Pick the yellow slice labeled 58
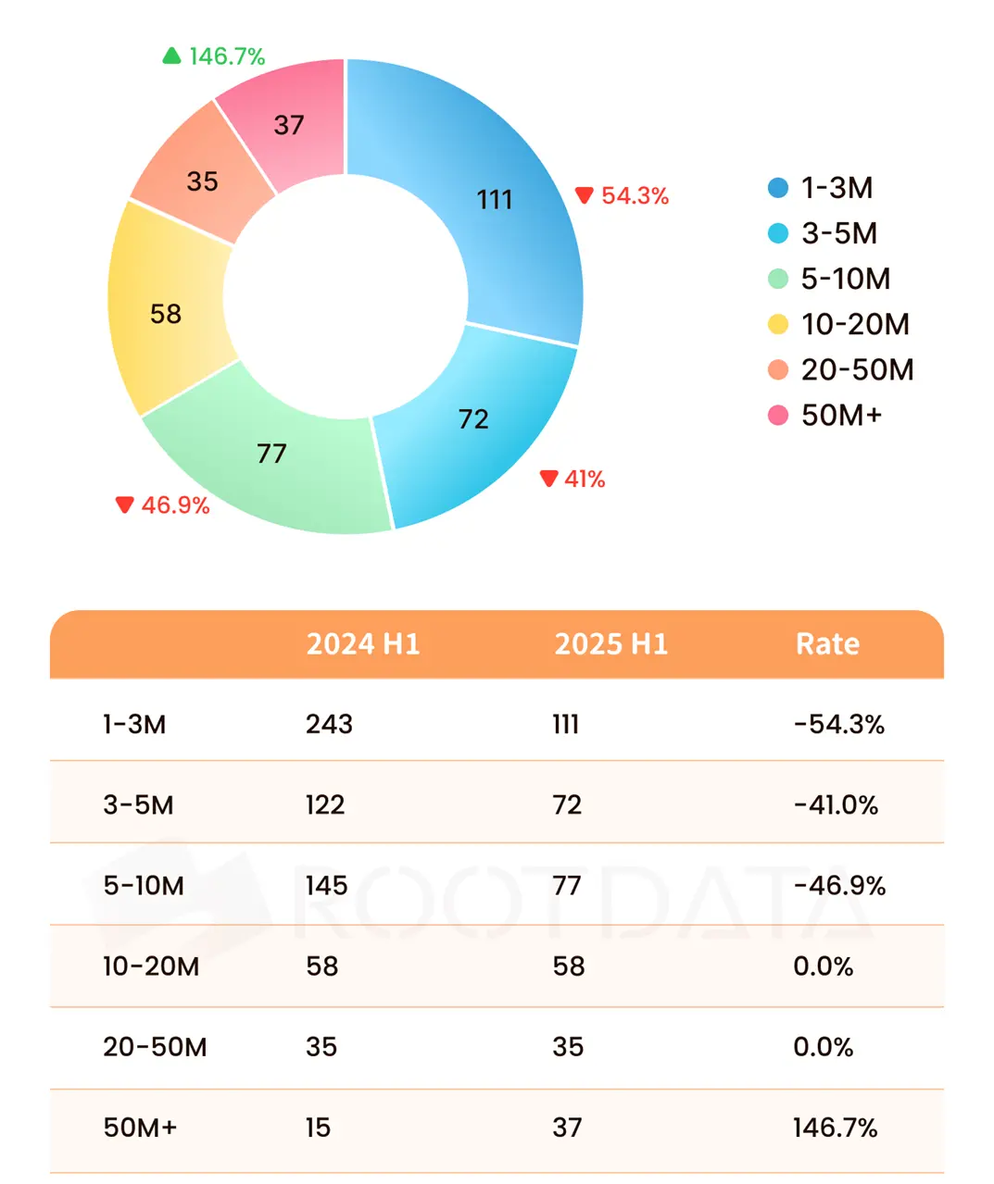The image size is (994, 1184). click(x=166, y=314)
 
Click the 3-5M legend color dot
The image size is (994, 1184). click(x=778, y=233)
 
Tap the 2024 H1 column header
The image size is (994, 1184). click(x=363, y=644)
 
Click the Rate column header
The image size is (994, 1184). click(x=827, y=644)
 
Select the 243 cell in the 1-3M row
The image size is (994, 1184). click(x=329, y=724)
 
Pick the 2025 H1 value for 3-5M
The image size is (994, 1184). click(x=567, y=804)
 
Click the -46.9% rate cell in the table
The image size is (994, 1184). click(x=839, y=886)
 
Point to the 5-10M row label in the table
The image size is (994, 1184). click(x=144, y=886)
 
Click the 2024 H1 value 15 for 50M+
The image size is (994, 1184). click(x=318, y=1128)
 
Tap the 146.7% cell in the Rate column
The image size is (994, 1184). click(x=835, y=1128)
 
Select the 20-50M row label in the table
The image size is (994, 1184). click(x=155, y=1047)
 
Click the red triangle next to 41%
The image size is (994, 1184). click(x=549, y=478)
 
